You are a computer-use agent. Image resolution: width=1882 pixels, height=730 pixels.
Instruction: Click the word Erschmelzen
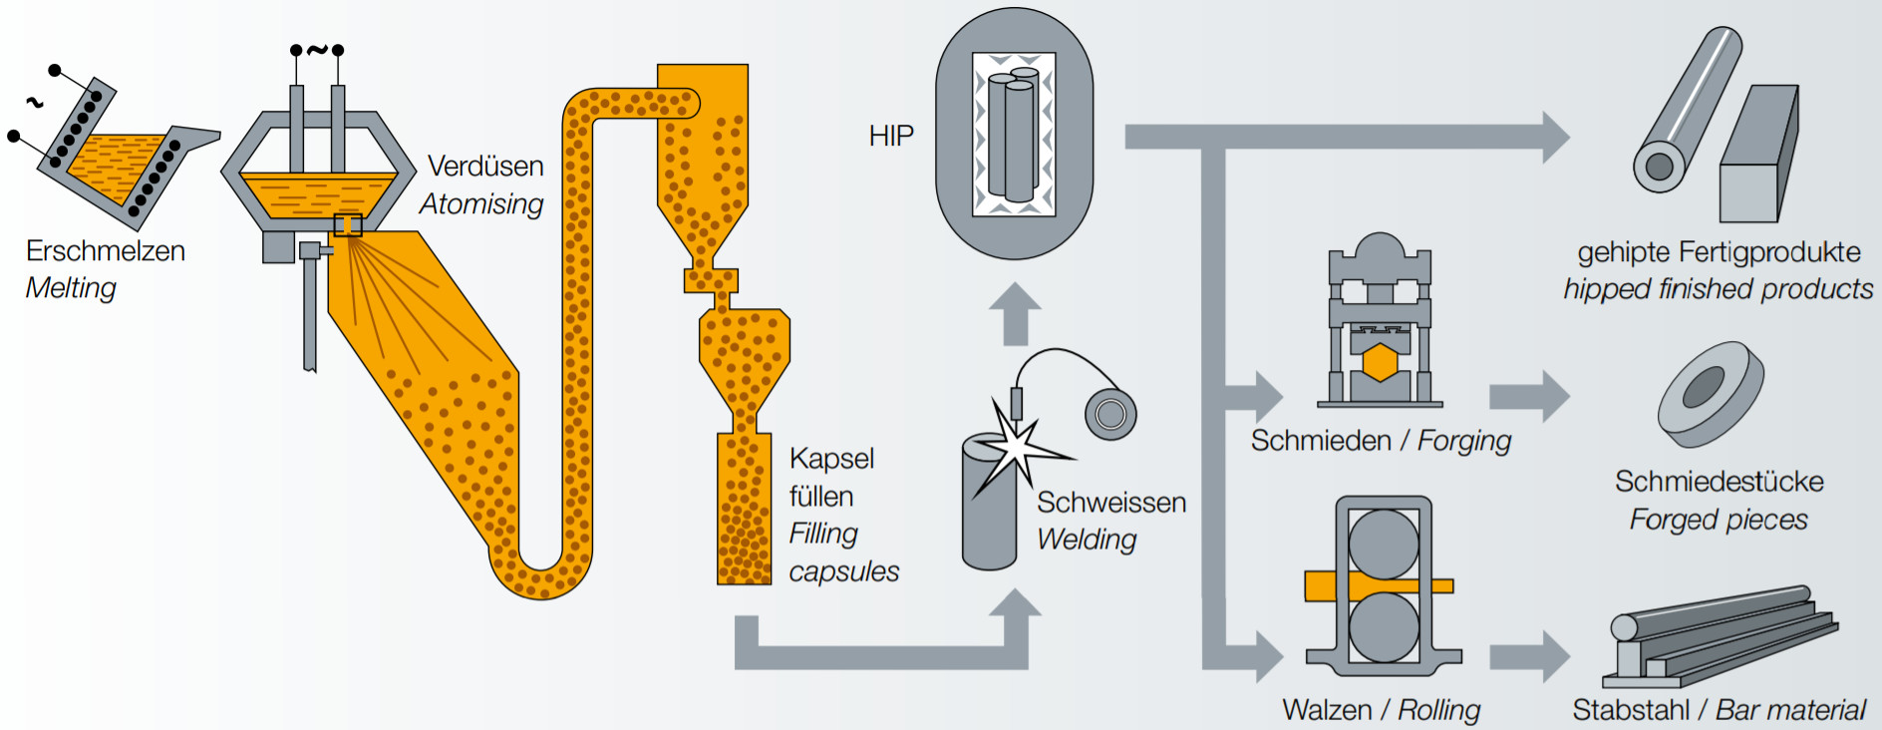tap(106, 250)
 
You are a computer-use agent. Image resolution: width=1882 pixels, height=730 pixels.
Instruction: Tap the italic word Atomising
tap(481, 203)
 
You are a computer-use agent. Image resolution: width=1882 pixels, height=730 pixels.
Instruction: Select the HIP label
tap(890, 136)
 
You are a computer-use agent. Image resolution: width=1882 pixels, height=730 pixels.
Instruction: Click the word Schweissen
tap(1111, 502)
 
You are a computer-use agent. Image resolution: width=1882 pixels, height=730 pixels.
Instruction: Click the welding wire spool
tap(1110, 413)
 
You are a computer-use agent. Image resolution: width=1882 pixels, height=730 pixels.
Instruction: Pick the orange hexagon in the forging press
tap(1380, 362)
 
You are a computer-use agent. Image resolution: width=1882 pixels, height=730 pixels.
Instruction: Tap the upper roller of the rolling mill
tap(1384, 545)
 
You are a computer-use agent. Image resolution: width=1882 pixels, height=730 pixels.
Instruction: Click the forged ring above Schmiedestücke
tap(1711, 393)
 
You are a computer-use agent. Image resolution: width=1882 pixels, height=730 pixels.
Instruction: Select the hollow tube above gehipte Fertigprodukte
tap(1688, 112)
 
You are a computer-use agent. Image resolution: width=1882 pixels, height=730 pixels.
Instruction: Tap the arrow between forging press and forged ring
tap(1530, 396)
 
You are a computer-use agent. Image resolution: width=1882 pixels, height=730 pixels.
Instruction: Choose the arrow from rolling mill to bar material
tap(1530, 656)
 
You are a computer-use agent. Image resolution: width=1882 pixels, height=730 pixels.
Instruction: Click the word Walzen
tap(1327, 710)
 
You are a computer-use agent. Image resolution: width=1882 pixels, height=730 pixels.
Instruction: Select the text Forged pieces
tap(1719, 520)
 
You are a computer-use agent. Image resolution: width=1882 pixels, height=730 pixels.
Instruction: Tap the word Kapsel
tap(831, 459)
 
